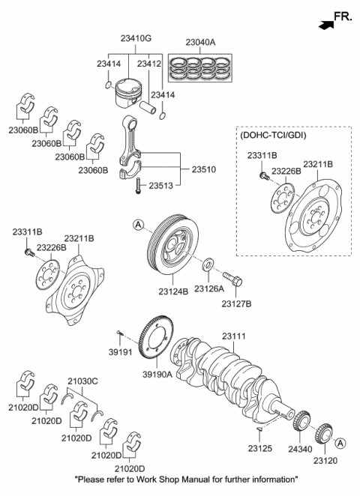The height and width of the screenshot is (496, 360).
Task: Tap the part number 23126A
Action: pyautogui.click(x=208, y=288)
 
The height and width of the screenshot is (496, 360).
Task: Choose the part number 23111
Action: pyautogui.click(x=235, y=338)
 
